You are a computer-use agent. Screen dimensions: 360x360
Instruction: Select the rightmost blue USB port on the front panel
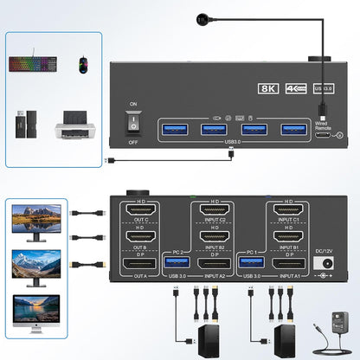tap(293, 130)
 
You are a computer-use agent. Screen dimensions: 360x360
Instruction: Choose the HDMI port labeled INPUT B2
tap(214, 236)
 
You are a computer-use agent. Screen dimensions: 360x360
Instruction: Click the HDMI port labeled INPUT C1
tap(288, 212)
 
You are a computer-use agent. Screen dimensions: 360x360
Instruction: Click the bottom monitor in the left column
tap(36, 312)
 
